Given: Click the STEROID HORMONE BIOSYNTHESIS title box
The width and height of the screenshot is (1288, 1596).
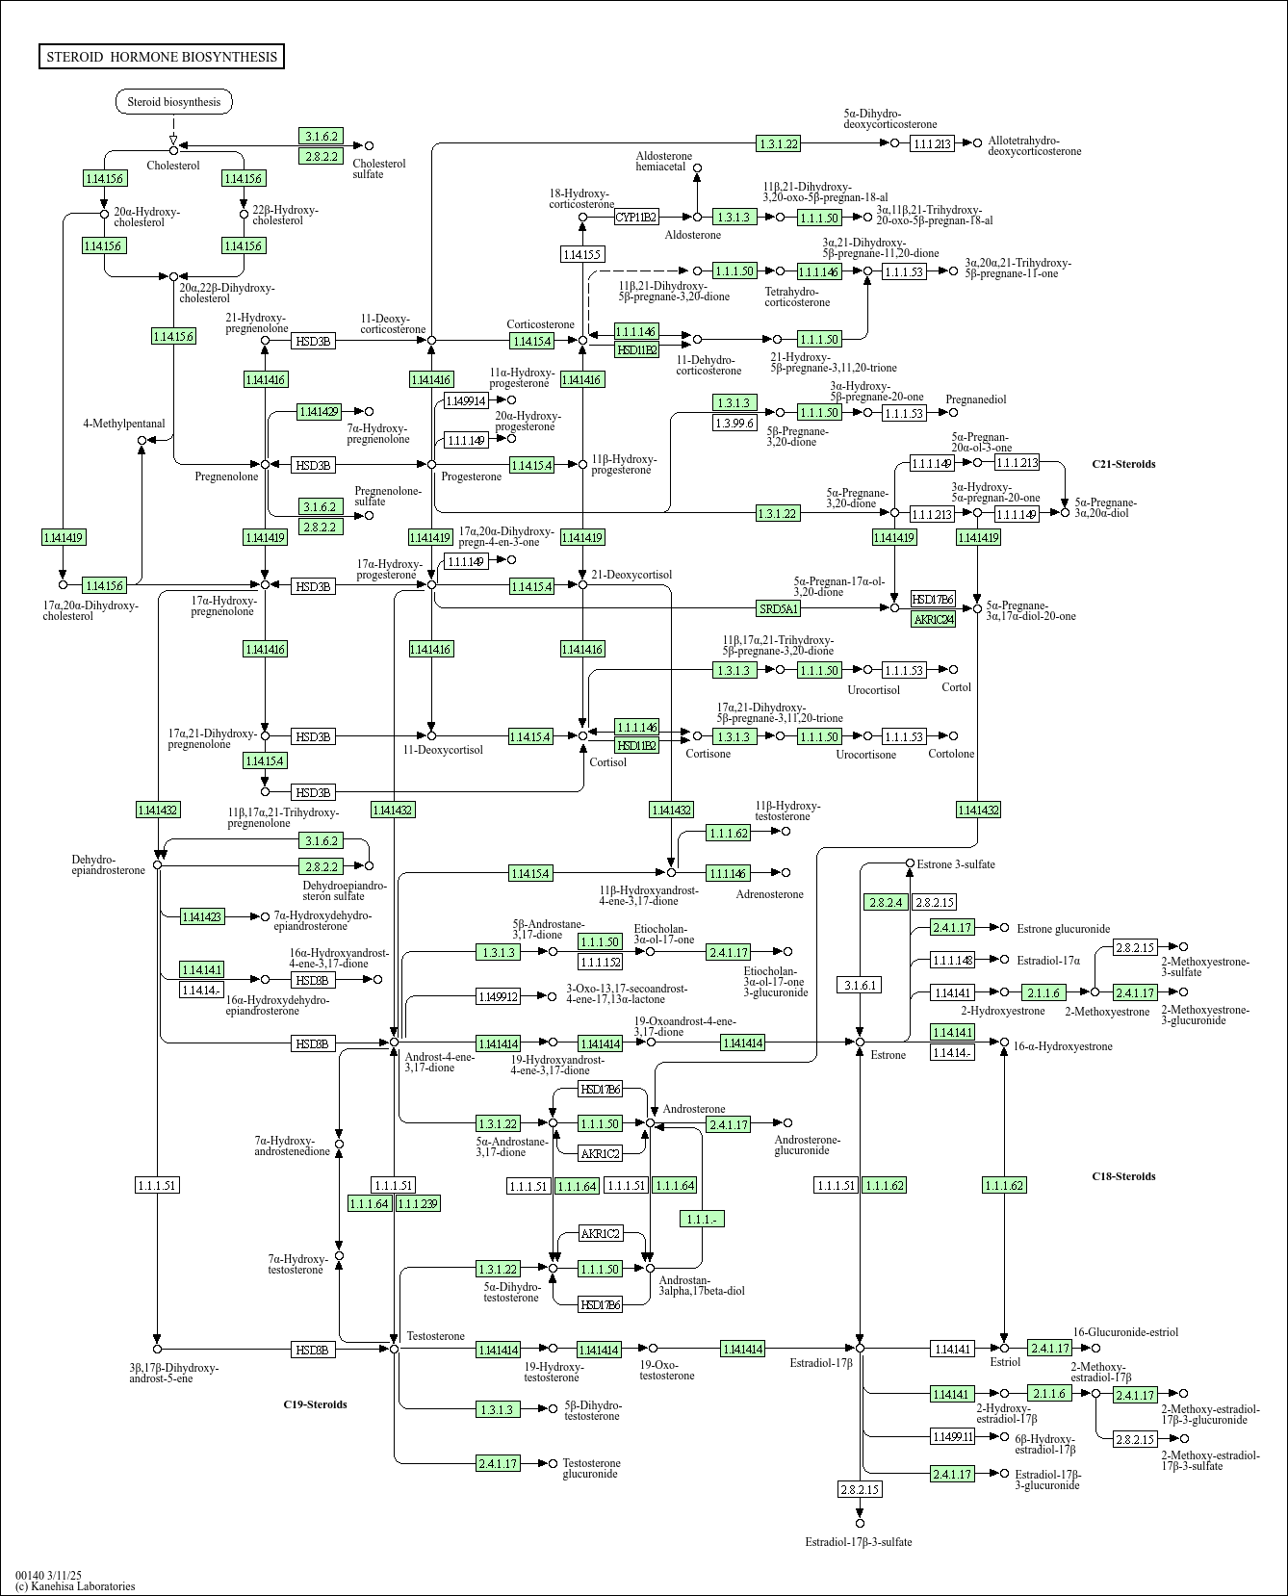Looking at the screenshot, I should pyautogui.click(x=162, y=57).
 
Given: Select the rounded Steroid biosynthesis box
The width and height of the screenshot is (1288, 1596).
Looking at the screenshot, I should pyautogui.click(x=174, y=102).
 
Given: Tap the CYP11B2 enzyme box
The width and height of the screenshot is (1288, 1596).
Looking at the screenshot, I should pyautogui.click(x=636, y=218).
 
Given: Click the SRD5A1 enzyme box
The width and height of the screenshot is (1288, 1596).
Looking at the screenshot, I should pyautogui.click(x=779, y=608).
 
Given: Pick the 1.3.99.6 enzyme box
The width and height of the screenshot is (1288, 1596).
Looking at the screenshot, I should pyautogui.click(x=735, y=423).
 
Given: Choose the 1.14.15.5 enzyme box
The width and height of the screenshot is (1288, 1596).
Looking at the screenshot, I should pyautogui.click(x=581, y=254).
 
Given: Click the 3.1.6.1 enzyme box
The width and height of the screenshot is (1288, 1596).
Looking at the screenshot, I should pyautogui.click(x=860, y=985).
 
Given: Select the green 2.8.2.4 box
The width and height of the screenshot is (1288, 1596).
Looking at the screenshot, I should pyautogui.click(x=887, y=902).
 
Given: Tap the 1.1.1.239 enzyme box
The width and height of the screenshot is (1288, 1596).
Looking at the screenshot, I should pyautogui.click(x=418, y=1203).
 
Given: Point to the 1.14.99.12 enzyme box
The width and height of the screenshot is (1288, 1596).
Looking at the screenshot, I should pyautogui.click(x=499, y=996).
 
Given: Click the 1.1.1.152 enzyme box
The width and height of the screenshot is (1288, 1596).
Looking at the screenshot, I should pyautogui.click(x=600, y=961).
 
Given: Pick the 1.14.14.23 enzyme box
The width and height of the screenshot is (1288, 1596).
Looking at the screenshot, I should pyautogui.click(x=202, y=916).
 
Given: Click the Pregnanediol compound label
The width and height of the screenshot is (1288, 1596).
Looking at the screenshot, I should pyautogui.click(x=975, y=399).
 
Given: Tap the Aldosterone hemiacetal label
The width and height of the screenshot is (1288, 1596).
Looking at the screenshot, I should pyautogui.click(x=663, y=161).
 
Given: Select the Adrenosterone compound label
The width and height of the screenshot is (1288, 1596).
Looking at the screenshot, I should pyautogui.click(x=769, y=894).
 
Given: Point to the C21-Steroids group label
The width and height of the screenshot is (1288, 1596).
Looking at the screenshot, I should pyautogui.click(x=1123, y=464).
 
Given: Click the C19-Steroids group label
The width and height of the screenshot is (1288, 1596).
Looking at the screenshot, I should pyautogui.click(x=315, y=1404).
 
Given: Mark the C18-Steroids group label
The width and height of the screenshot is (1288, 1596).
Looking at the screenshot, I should pyautogui.click(x=1123, y=1176).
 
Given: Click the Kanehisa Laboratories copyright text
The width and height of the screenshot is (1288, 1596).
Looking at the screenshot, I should pyautogui.click(x=75, y=1586).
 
